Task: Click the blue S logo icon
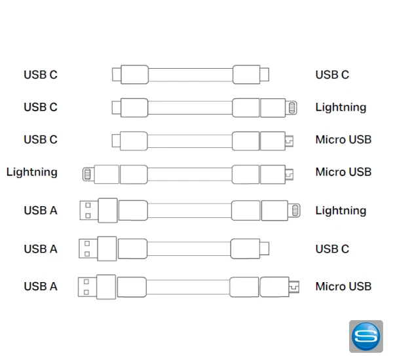(366, 336)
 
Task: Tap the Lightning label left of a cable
(32, 172)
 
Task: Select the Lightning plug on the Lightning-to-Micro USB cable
(87, 174)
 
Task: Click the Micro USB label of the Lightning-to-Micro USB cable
(343, 172)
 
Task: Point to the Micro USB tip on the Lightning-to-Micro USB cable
(289, 174)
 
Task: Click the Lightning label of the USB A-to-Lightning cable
(341, 211)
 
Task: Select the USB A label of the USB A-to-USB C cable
(41, 249)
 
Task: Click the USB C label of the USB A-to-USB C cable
(332, 249)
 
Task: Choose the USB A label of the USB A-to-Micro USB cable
(41, 286)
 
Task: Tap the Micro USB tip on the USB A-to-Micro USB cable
(294, 286)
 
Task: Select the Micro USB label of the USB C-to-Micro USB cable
(343, 139)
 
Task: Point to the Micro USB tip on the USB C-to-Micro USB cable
(289, 140)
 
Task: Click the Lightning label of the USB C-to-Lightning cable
(341, 107)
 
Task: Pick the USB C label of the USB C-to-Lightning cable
(41, 107)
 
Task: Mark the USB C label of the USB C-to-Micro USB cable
(41, 139)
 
